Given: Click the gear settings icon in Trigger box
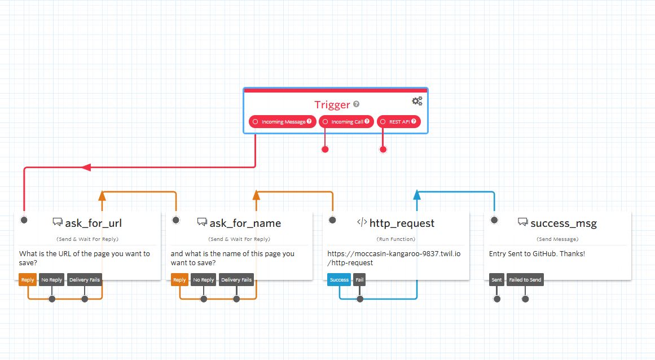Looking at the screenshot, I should (x=417, y=101).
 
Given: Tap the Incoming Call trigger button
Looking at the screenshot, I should (x=346, y=122).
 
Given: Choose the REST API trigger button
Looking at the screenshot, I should (x=398, y=122).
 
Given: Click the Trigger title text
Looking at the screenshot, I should (x=332, y=104).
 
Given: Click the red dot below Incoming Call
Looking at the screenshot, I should (x=325, y=150).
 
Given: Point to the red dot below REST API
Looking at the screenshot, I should (x=383, y=150).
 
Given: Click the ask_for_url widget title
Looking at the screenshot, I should (x=93, y=223).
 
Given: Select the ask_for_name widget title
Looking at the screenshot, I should (x=245, y=223).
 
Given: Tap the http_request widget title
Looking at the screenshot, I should (x=402, y=223).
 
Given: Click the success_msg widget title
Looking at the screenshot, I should (x=564, y=223).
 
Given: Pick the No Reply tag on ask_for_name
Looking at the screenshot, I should (x=203, y=280).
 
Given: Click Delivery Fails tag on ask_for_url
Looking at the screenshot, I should (x=85, y=280).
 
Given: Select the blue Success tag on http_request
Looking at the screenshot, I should (x=339, y=280).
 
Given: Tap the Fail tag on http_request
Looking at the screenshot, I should (x=359, y=280).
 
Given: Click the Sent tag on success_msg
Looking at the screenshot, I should (x=496, y=280).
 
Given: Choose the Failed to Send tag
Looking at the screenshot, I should (x=525, y=280).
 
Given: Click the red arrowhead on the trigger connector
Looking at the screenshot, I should (x=86, y=167).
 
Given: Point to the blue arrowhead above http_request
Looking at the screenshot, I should (x=417, y=195).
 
